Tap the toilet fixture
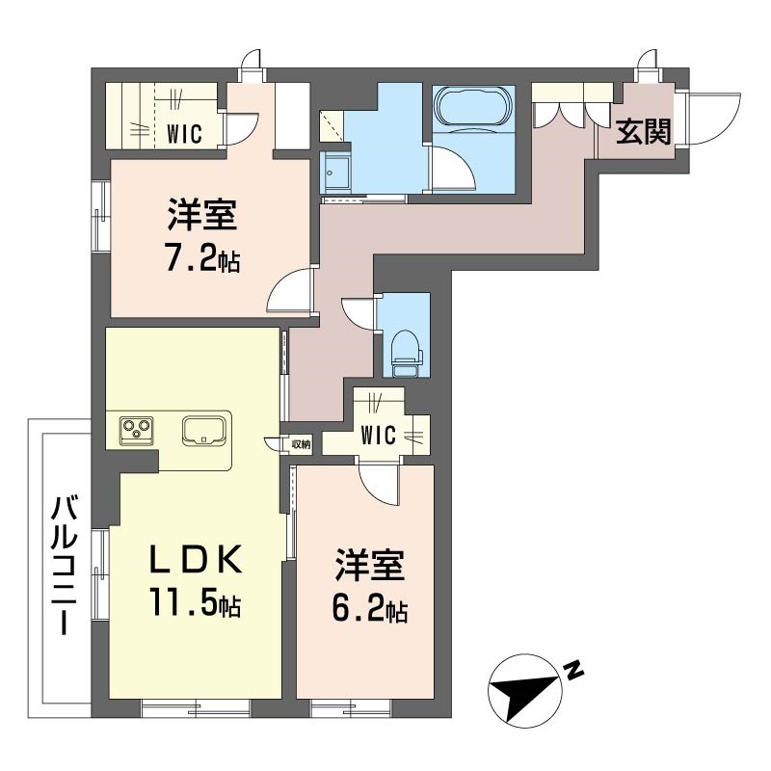(x=406, y=352)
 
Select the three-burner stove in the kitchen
(x=137, y=431)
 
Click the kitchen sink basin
(x=204, y=430)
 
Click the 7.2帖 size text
(x=203, y=260)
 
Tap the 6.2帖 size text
(x=370, y=610)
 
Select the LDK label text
(x=197, y=559)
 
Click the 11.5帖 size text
(x=196, y=603)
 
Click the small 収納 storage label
(x=301, y=444)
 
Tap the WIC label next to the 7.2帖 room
(x=184, y=134)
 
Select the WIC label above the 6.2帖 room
(x=378, y=436)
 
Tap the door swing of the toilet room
(x=358, y=314)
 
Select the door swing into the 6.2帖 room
(x=379, y=487)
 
